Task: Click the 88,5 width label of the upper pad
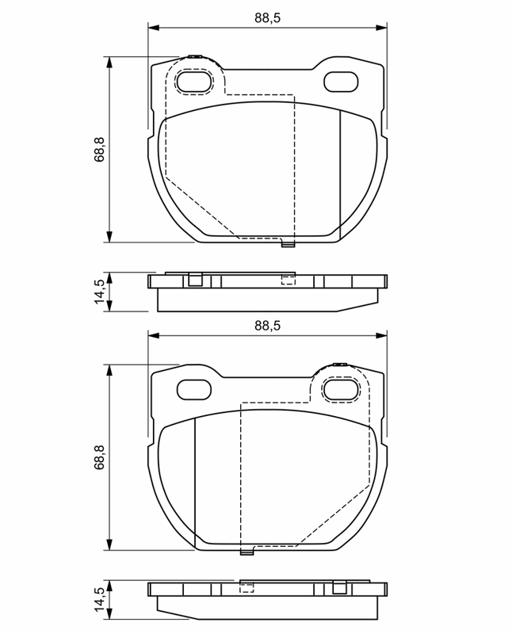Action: [267, 17]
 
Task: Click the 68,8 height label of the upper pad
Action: [99, 150]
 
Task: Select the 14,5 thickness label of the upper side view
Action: [99, 292]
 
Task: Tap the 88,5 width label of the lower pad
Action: [267, 326]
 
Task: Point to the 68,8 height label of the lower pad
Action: [99, 457]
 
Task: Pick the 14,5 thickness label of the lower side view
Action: [99, 600]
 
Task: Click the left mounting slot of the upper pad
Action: [194, 82]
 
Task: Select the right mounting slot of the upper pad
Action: [341, 82]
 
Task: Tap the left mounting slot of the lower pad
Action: [194, 389]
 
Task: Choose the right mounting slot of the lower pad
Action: [341, 389]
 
